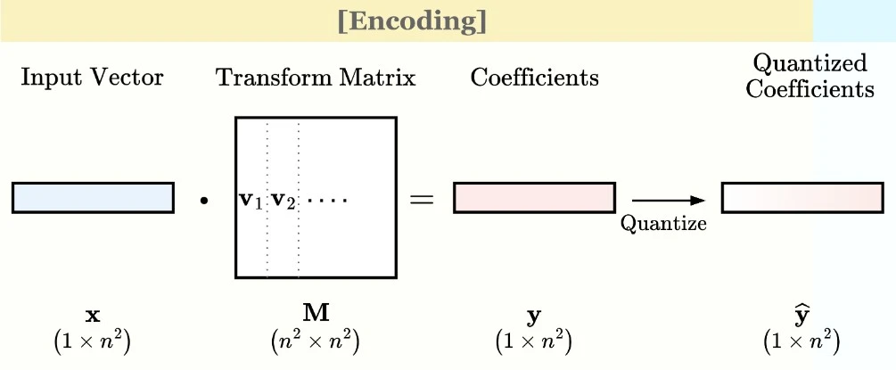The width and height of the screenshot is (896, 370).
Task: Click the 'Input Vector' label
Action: click(x=93, y=78)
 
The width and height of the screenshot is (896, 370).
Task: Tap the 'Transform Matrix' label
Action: click(x=316, y=78)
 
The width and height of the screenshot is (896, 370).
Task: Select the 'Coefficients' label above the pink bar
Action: click(x=534, y=78)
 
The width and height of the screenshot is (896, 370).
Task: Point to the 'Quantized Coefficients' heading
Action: click(x=810, y=76)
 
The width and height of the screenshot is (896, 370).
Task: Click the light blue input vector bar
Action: click(x=93, y=197)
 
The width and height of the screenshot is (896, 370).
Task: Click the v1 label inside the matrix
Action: click(x=250, y=200)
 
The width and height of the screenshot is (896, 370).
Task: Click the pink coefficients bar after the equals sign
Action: click(x=534, y=197)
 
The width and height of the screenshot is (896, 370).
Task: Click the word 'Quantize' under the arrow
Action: click(x=663, y=223)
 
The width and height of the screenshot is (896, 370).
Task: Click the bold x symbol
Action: click(x=92, y=316)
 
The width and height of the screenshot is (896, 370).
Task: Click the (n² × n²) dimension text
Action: click(x=316, y=341)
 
